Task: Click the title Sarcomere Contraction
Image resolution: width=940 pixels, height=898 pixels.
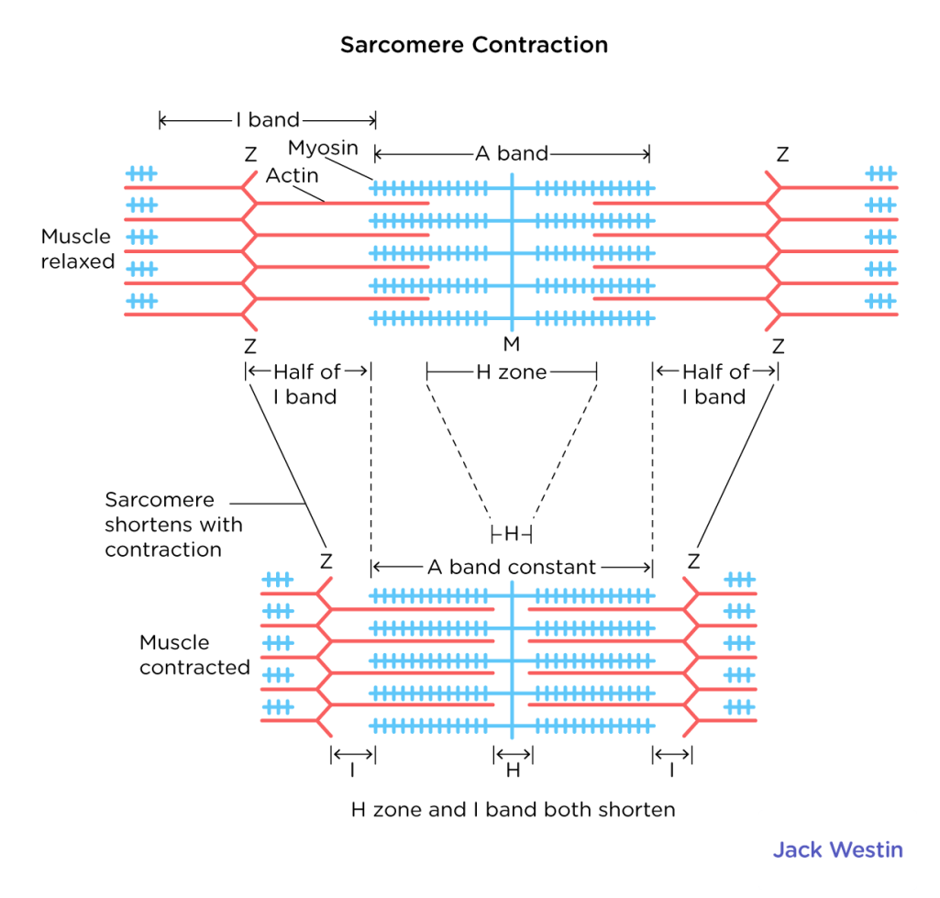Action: (473, 45)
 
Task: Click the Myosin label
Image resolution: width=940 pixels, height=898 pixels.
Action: (323, 148)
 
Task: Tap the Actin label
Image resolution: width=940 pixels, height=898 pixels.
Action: (292, 174)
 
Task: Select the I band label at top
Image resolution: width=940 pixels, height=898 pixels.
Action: (268, 120)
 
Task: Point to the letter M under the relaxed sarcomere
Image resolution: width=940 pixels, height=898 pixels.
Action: (512, 344)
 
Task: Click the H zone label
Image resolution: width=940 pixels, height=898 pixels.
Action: (511, 372)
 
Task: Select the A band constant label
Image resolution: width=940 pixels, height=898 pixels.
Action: (511, 568)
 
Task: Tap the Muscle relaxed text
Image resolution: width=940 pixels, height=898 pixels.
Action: (78, 249)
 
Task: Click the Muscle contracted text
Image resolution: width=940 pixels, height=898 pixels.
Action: (194, 655)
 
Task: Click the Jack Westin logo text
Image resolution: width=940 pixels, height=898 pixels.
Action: (836, 849)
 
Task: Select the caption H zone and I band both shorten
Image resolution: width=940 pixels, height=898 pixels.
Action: (513, 810)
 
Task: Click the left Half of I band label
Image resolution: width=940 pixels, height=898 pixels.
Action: (306, 384)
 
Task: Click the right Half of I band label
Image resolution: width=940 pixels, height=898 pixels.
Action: (715, 384)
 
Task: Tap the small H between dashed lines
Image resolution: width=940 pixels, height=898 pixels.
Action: (512, 534)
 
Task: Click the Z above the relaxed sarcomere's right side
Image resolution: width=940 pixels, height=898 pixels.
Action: (781, 155)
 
